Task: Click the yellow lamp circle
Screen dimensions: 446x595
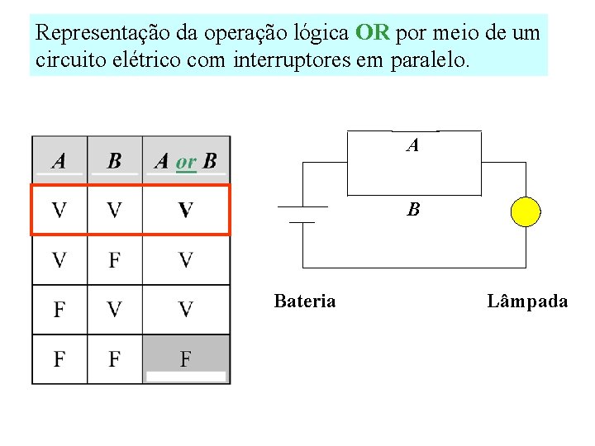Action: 526,211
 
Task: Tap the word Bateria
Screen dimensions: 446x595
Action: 304,301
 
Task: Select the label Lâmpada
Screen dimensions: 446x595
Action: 527,301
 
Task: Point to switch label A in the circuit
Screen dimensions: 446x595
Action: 412,146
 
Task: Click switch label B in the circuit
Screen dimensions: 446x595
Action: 413,210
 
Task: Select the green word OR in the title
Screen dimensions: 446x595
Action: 372,34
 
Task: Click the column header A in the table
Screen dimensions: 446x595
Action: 59,160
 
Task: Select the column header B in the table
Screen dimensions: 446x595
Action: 114,160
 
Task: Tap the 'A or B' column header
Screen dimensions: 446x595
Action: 185,160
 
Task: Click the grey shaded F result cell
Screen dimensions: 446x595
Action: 185,359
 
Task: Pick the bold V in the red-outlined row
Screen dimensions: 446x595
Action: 185,210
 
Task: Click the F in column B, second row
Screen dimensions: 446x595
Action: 114,260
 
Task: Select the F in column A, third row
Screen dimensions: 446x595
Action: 59,310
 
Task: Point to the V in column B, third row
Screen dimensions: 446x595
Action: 114,310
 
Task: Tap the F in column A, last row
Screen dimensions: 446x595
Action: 59,359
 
